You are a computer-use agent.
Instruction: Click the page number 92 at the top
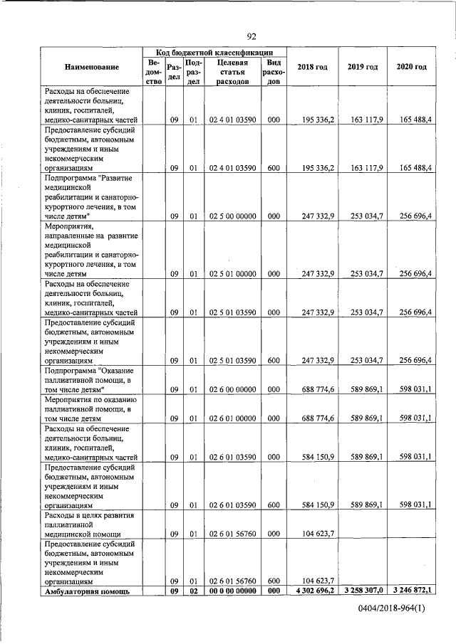[x=252, y=37]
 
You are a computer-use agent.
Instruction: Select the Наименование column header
[x=90, y=67]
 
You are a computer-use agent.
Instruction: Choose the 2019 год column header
[x=362, y=67]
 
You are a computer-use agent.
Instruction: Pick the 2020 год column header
[x=411, y=67]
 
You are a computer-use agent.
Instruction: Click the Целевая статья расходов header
[x=232, y=72]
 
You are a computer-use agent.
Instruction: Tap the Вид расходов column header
[x=273, y=72]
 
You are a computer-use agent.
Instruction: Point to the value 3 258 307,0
[x=362, y=591]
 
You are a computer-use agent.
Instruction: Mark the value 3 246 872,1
[x=411, y=591]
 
